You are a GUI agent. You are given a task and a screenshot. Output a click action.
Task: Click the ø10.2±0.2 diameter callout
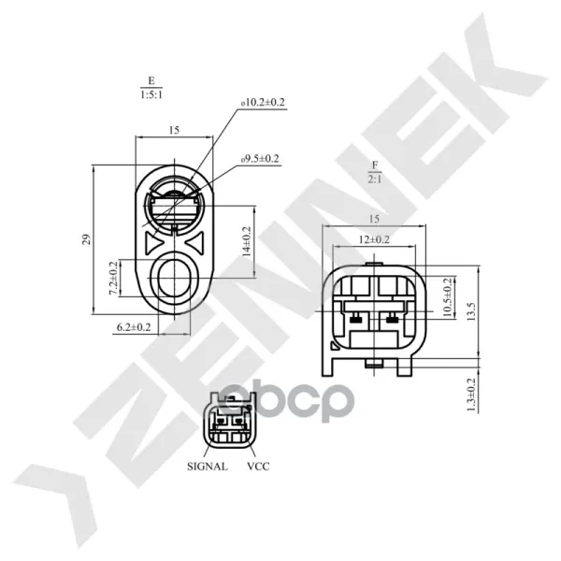coord(263,103)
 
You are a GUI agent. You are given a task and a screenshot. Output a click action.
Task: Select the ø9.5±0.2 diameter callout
coord(260,159)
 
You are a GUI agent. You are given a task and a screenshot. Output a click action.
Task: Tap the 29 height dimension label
coord(86,239)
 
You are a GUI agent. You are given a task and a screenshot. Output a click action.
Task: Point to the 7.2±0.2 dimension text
coord(113,279)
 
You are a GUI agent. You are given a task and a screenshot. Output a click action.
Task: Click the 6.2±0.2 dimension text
coord(134,326)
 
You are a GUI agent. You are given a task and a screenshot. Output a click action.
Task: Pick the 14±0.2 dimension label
coord(247,242)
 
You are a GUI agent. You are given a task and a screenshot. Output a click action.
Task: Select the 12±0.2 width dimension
coord(374,239)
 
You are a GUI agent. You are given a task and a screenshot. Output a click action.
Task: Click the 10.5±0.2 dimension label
coord(448,297)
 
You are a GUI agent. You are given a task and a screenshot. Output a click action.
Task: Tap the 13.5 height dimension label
coord(471,311)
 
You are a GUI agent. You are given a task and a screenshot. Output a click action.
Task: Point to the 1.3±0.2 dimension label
coord(471,395)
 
